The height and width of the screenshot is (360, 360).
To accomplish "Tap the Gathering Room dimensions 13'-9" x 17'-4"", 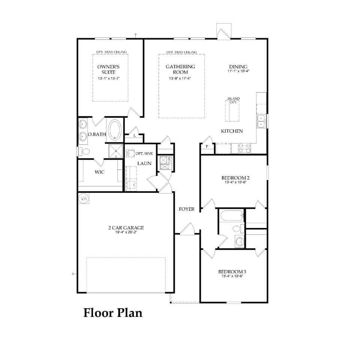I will point(180,78).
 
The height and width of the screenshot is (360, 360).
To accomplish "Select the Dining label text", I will point(238,67).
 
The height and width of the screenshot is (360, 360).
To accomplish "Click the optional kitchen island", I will point(232,111).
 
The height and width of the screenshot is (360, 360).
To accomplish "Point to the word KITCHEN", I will point(232,131).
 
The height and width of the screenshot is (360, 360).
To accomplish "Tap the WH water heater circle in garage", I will point(83,198).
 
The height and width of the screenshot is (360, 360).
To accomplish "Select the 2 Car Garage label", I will point(126,228).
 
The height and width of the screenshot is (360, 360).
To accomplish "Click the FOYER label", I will point(186,209).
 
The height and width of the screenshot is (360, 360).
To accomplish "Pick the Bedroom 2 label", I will point(235,178).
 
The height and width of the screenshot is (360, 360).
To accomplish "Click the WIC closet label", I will point(99,172).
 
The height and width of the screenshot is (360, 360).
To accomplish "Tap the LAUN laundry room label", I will point(144,163).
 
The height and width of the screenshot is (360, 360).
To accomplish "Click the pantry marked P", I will point(207,147).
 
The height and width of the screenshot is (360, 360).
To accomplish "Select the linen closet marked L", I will point(134,135).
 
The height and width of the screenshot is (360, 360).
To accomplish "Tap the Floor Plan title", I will point(112,312).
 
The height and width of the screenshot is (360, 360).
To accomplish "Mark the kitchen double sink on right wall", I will point(261,120).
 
